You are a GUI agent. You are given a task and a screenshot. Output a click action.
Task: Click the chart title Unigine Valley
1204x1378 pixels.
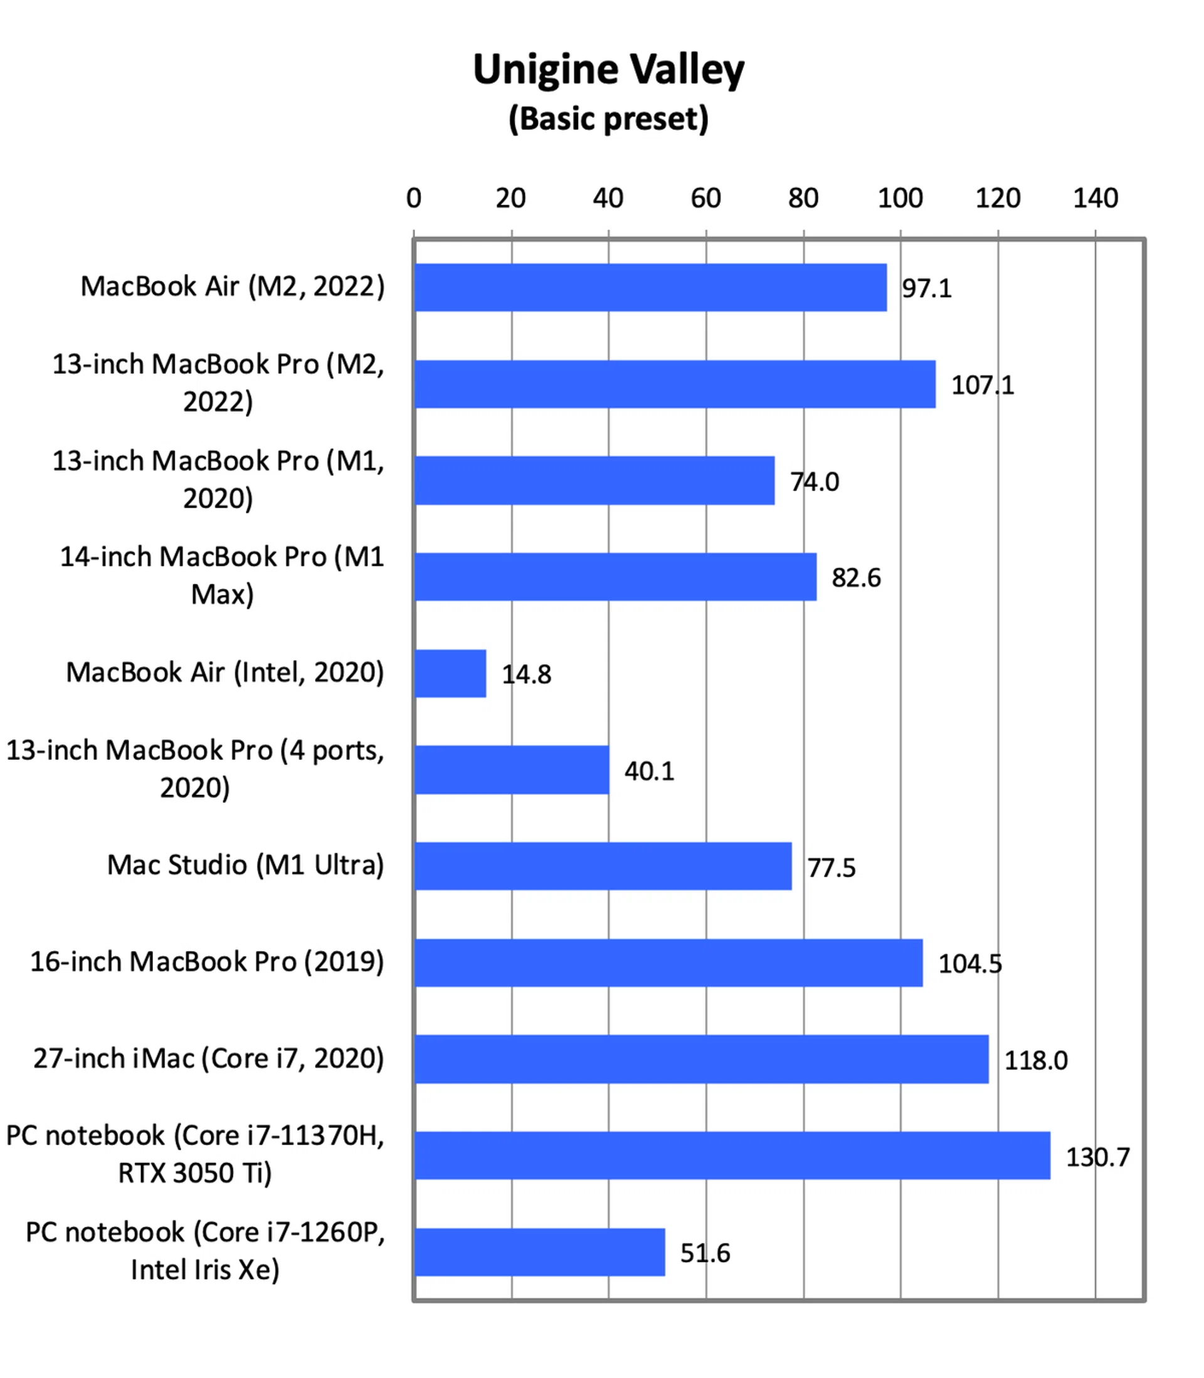coord(608,70)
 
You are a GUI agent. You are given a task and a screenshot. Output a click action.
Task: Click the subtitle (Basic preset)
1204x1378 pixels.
coord(608,119)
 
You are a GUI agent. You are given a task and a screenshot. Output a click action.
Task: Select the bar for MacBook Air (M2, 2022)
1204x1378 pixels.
coord(650,287)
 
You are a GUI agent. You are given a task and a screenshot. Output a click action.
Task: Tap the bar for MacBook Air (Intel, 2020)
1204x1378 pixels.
coord(450,673)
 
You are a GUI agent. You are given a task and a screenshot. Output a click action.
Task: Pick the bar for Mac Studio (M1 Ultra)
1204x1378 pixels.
coord(603,866)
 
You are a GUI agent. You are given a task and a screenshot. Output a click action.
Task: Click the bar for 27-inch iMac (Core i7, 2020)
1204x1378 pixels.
coord(702,1059)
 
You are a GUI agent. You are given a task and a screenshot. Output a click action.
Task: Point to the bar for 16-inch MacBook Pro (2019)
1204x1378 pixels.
coord(668,963)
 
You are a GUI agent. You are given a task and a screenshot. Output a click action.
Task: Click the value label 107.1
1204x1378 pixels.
coord(982,386)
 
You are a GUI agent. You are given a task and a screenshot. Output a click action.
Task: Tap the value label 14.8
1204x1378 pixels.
coord(527,674)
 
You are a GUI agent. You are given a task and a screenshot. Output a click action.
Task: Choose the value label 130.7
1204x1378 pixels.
coord(1098,1157)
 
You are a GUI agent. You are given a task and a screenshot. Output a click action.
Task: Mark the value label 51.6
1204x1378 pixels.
coord(705,1253)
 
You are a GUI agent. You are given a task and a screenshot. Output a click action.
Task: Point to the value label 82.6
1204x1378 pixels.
coord(856,578)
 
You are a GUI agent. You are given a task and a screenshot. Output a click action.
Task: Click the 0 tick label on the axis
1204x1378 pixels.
coord(414,198)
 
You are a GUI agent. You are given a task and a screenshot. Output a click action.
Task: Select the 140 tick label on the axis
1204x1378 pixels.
coord(1095,198)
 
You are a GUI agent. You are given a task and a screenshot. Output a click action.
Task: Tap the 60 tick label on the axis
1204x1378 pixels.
coord(705,198)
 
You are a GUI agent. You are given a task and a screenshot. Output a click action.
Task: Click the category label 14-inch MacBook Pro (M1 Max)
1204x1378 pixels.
coord(222,576)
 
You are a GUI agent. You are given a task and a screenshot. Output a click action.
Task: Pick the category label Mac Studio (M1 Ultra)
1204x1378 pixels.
coord(245,865)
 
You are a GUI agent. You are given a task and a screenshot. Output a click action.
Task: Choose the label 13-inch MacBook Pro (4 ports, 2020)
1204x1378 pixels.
coord(195,769)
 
